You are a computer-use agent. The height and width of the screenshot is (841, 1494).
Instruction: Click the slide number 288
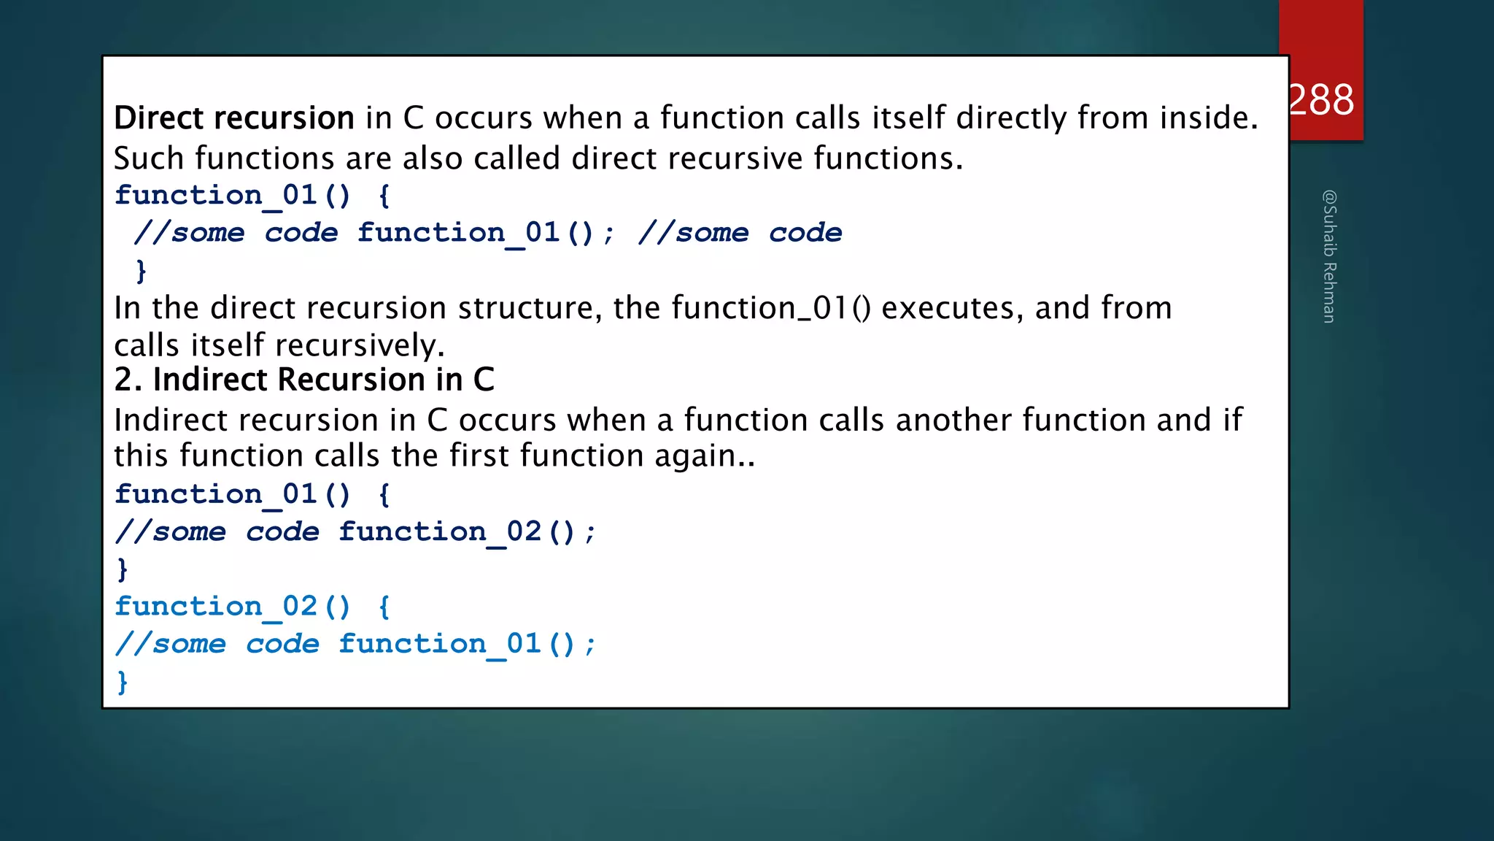click(1322, 99)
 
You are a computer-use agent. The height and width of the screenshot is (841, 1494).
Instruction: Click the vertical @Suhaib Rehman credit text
click(1329, 256)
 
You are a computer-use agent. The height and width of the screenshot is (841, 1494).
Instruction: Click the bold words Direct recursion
click(234, 118)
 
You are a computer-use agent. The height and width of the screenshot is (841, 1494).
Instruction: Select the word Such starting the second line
click(149, 158)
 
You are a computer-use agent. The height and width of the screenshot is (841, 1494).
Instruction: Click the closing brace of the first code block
click(142, 271)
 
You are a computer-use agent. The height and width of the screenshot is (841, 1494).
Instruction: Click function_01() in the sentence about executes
click(771, 308)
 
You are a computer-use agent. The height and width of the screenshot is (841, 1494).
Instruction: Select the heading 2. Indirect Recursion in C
click(304, 380)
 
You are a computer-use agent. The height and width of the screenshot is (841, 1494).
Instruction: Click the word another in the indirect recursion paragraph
click(953, 420)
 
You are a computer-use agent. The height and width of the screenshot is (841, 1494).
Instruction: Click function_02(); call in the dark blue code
click(467, 531)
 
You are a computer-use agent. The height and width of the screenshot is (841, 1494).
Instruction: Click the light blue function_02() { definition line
click(252, 607)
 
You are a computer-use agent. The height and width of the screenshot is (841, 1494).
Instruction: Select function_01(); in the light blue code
click(467, 644)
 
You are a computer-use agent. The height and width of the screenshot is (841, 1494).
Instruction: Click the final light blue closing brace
click(123, 682)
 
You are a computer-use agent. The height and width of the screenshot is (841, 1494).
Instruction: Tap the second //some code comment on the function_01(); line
click(740, 233)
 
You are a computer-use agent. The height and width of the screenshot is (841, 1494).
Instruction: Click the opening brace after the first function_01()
click(384, 195)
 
